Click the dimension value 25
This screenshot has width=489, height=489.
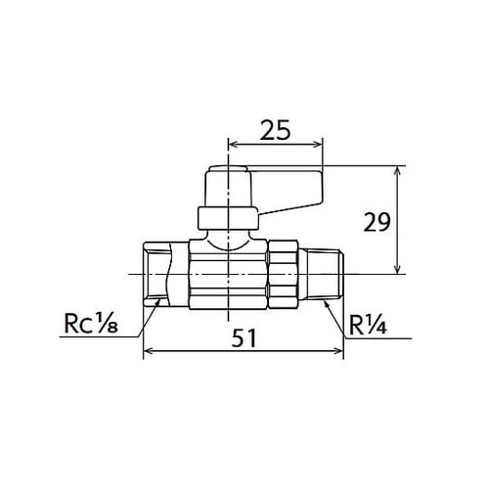[275, 128]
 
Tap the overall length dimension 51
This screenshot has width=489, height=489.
[245, 338]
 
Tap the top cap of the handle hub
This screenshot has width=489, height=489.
[228, 176]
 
